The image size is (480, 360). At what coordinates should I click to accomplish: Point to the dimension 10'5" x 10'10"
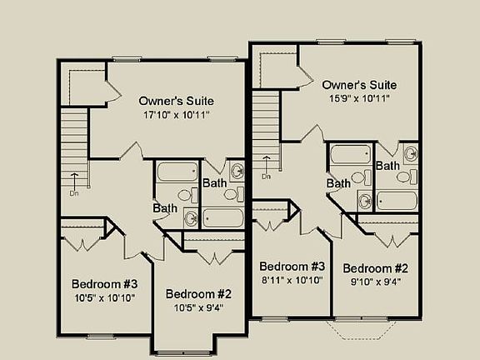tap(103, 297)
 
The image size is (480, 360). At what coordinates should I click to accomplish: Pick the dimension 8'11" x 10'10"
tap(291, 280)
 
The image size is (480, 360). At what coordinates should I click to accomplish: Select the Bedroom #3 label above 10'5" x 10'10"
tap(104, 282)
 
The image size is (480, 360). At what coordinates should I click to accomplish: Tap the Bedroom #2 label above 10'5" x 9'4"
tap(198, 293)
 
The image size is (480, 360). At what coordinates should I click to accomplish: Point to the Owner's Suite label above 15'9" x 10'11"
tap(358, 85)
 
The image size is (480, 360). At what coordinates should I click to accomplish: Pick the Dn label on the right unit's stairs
tap(267, 177)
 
